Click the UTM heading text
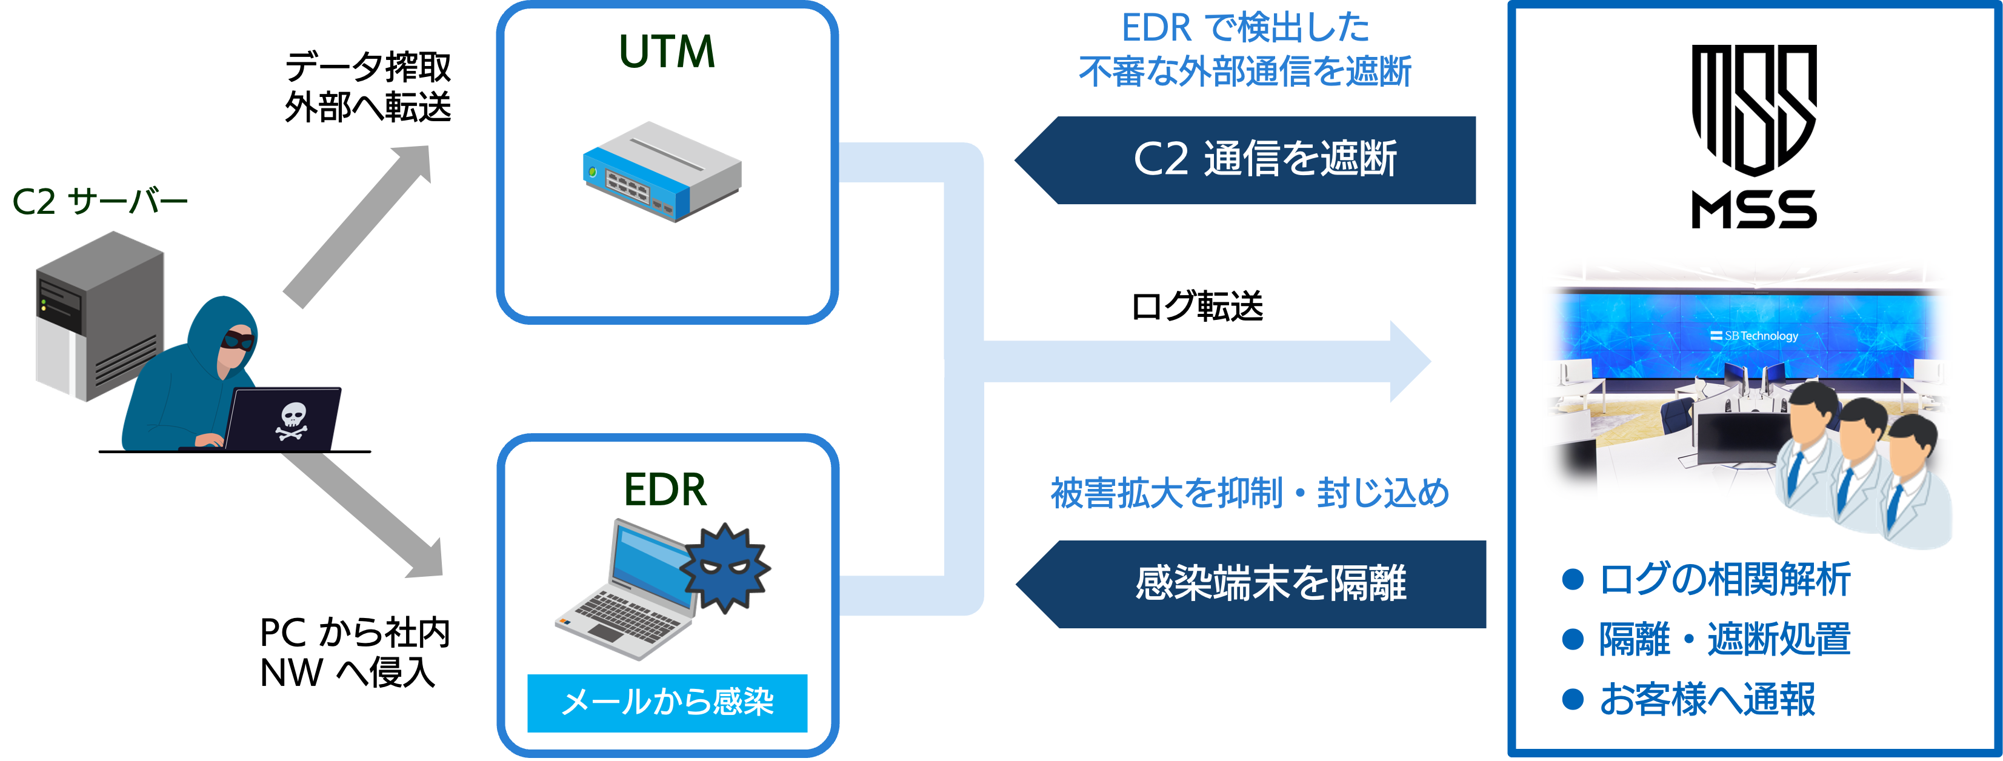coord(667,52)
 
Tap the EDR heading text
coord(665,490)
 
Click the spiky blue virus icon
coord(725,567)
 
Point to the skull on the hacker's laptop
coord(292,420)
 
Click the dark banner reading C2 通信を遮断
coord(1252,160)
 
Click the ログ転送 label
coord(1198,306)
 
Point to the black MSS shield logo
coord(1754,109)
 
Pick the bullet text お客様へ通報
coord(1707,699)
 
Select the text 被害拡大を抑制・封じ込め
coord(1250,493)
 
